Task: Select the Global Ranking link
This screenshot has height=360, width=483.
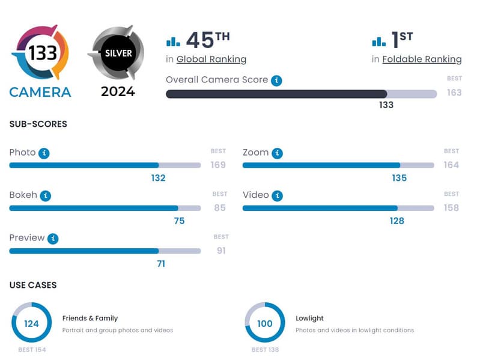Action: [x=211, y=59]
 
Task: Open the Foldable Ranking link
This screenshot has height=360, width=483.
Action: [x=422, y=59]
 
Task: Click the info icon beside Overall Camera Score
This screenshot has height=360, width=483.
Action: [x=276, y=80]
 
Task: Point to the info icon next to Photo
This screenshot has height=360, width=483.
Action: [x=44, y=153]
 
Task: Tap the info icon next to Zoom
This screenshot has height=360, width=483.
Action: [x=277, y=153]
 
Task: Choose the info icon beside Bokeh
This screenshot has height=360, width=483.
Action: [x=46, y=196]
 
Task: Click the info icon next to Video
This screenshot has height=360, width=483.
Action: [x=278, y=196]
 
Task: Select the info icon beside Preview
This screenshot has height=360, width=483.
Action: [x=53, y=239]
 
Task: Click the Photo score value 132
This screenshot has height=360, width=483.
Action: [x=158, y=178]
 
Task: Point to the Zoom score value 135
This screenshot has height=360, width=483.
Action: [x=399, y=178]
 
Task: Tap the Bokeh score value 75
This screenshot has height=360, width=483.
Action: [x=179, y=221]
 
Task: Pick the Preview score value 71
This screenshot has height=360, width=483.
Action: [x=160, y=263]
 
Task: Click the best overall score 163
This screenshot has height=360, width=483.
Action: [x=454, y=93]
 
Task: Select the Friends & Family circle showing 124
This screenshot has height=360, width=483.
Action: [x=31, y=323]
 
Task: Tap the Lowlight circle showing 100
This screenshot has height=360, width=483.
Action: [x=264, y=323]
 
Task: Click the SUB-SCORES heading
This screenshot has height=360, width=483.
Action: [x=38, y=124]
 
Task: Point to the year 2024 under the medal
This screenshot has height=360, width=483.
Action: [x=118, y=92]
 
